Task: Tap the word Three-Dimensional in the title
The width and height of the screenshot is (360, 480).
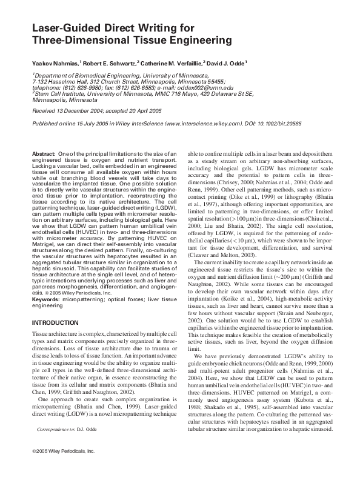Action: tap(79, 41)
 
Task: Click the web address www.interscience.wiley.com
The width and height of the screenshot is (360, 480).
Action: tap(199, 122)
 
